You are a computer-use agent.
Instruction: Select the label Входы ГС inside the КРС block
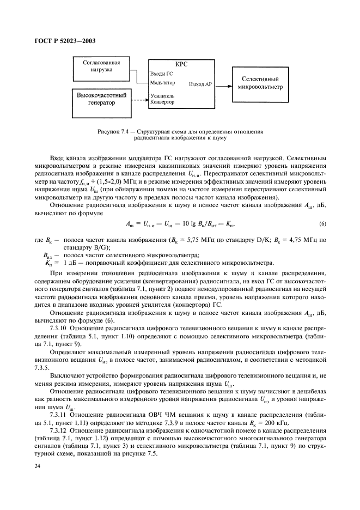[162, 73]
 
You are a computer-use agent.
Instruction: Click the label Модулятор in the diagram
[162, 83]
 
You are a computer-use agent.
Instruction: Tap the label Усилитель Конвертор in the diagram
[162, 99]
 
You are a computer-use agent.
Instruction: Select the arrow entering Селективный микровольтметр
[226, 85]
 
